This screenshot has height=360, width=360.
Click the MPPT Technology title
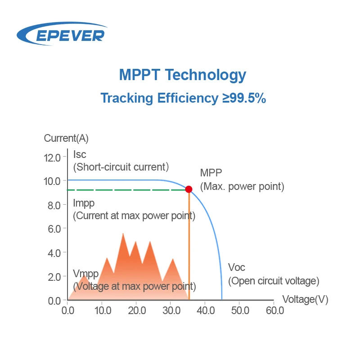point(182,75)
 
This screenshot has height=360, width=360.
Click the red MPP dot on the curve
point(189,189)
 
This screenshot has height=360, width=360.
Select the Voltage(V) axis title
point(306,299)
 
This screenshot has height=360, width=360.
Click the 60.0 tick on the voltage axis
point(274,310)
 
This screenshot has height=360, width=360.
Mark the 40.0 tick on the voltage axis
point(205,310)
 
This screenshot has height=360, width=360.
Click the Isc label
point(80,155)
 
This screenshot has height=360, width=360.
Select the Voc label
point(237,267)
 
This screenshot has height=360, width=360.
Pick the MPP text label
point(211,173)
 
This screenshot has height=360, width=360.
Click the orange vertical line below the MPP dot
point(189,247)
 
